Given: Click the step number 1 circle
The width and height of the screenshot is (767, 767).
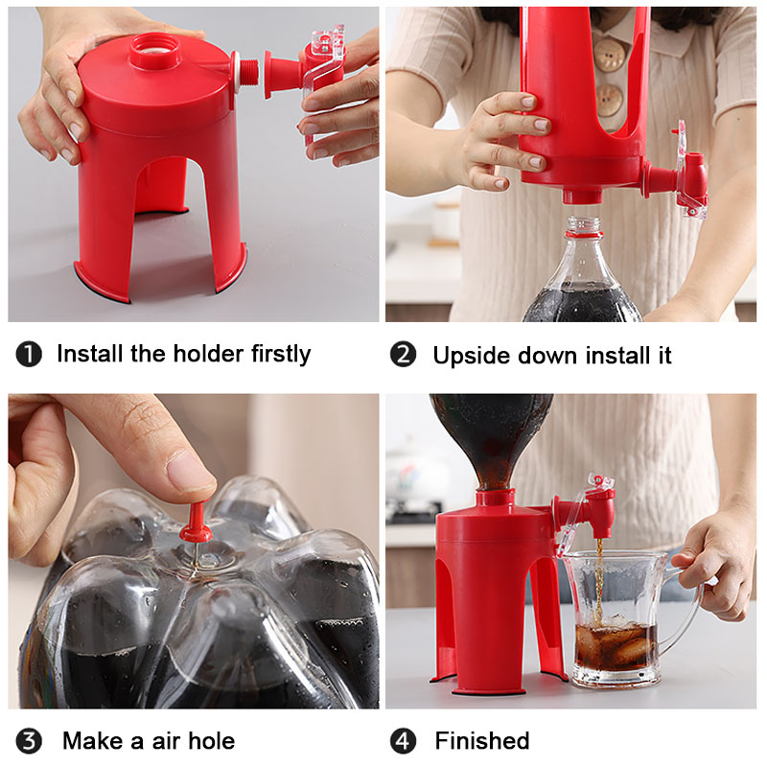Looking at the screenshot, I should pyautogui.click(x=29, y=355).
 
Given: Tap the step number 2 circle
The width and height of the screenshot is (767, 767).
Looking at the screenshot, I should pyautogui.click(x=404, y=355).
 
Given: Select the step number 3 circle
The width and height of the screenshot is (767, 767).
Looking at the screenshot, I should pyautogui.click(x=29, y=741).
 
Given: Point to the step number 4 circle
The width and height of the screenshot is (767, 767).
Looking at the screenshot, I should pyautogui.click(x=404, y=741).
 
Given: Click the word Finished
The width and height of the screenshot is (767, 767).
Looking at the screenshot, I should pyautogui.click(x=482, y=741).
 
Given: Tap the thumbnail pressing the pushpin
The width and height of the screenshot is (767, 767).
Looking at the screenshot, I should pyautogui.click(x=193, y=470).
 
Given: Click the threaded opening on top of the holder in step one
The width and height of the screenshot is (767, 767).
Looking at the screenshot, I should pyautogui.click(x=155, y=48).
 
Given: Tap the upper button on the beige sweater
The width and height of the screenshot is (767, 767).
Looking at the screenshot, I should pyautogui.click(x=607, y=55).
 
